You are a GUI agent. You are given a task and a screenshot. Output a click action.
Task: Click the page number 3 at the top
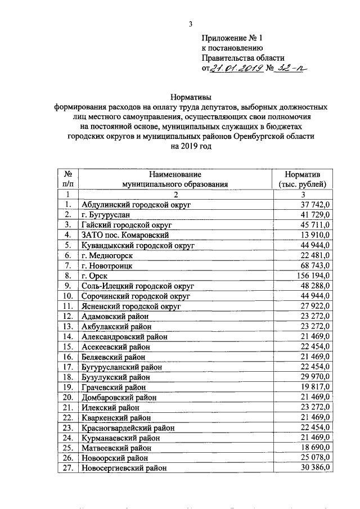(191, 24)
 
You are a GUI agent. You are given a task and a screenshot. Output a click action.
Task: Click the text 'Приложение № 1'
(232, 38)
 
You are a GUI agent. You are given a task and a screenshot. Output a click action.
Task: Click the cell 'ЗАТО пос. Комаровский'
(125, 234)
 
